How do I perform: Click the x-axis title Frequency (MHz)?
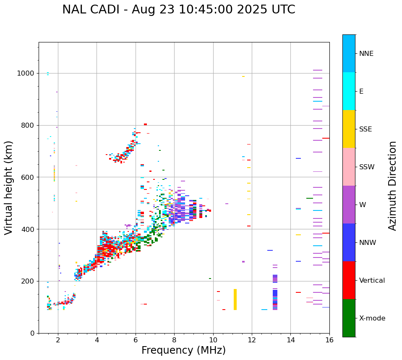point(183,350)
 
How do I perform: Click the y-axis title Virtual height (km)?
point(9,188)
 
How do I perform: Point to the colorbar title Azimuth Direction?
point(392,185)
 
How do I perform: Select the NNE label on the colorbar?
point(366,54)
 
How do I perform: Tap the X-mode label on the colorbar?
point(372,318)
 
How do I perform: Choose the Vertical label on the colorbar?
point(372,281)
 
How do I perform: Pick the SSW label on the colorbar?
point(367,167)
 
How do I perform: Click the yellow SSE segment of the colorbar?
point(349,129)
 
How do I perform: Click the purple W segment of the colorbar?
point(349,205)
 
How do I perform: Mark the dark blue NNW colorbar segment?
point(349,242)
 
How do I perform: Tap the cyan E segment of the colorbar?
point(349,91)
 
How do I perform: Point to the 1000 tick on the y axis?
point(26,73)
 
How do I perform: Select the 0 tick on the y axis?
point(32,333)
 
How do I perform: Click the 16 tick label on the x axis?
point(329,340)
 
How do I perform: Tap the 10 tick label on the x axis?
point(213,340)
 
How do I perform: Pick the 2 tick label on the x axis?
point(58,340)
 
